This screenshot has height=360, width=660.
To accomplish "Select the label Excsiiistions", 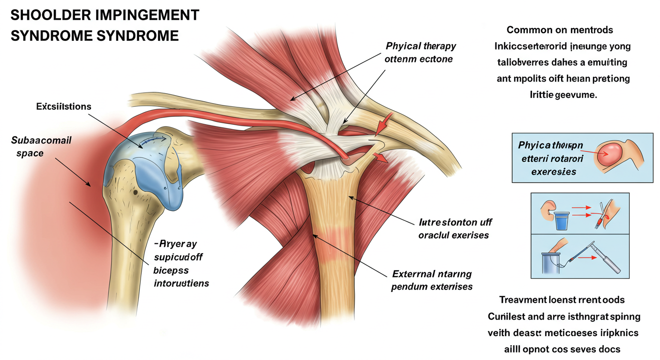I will (x=64, y=107).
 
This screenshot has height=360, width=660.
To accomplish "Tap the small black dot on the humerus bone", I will (x=135, y=192).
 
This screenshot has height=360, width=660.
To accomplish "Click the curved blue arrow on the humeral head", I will (x=154, y=141).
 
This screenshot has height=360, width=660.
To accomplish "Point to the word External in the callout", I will (x=412, y=274).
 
